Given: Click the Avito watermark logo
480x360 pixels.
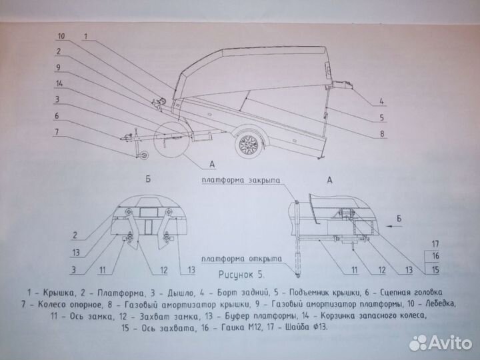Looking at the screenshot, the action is click(x=441, y=343).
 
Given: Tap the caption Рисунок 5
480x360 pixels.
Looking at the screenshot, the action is click(x=241, y=275).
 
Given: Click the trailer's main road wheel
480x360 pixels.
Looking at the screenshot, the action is click(x=249, y=144).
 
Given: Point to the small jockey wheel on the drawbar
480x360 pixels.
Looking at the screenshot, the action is click(x=143, y=155).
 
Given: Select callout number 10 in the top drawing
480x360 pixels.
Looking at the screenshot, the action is click(x=61, y=36).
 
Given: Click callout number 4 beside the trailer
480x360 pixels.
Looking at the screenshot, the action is click(x=381, y=101).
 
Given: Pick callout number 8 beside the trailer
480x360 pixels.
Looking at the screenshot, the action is click(x=382, y=133).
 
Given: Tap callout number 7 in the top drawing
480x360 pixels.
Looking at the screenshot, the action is click(x=57, y=131).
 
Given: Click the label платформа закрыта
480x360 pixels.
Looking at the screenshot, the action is click(x=241, y=180).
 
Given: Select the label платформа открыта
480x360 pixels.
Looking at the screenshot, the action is click(x=241, y=259).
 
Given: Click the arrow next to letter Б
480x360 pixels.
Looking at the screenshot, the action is click(x=393, y=226).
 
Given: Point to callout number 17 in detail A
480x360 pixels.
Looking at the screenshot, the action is click(x=435, y=244).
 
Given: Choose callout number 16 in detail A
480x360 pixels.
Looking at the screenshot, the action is click(x=435, y=255).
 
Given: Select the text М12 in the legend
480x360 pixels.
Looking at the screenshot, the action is click(x=255, y=327).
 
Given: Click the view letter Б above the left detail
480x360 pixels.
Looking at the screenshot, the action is click(x=148, y=179).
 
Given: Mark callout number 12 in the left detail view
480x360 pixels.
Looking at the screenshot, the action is click(x=164, y=270).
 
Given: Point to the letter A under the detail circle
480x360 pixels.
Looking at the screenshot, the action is click(x=212, y=164).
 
